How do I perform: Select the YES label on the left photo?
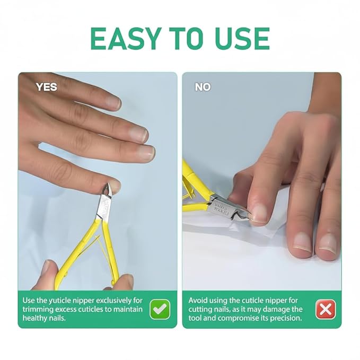coord(46,87)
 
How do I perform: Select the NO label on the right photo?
coord(203,87)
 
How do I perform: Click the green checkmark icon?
coord(160,309)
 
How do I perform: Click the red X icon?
coord(325,309)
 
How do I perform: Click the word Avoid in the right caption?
coord(199,300)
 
